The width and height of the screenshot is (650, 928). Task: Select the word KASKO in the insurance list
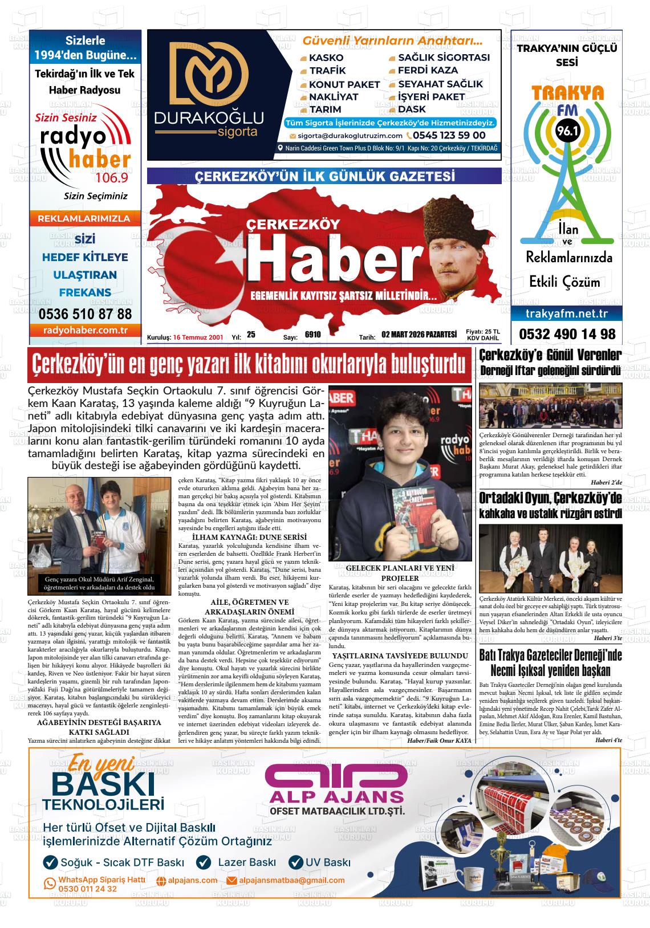pyautogui.click(x=326, y=58)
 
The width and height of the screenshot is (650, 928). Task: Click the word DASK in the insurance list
pyautogui.click(x=412, y=109)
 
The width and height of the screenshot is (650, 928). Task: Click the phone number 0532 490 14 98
pyautogui.click(x=567, y=334)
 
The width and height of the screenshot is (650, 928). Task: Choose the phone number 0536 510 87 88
pyautogui.click(x=85, y=314)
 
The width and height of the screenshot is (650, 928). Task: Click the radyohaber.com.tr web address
pyautogui.click(x=85, y=331)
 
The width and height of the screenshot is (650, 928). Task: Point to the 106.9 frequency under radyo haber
pyautogui.click(x=112, y=178)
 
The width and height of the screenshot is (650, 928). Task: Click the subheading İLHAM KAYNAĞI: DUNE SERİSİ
pyautogui.click(x=249, y=538)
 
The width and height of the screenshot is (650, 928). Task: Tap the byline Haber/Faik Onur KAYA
pyautogui.click(x=440, y=740)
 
